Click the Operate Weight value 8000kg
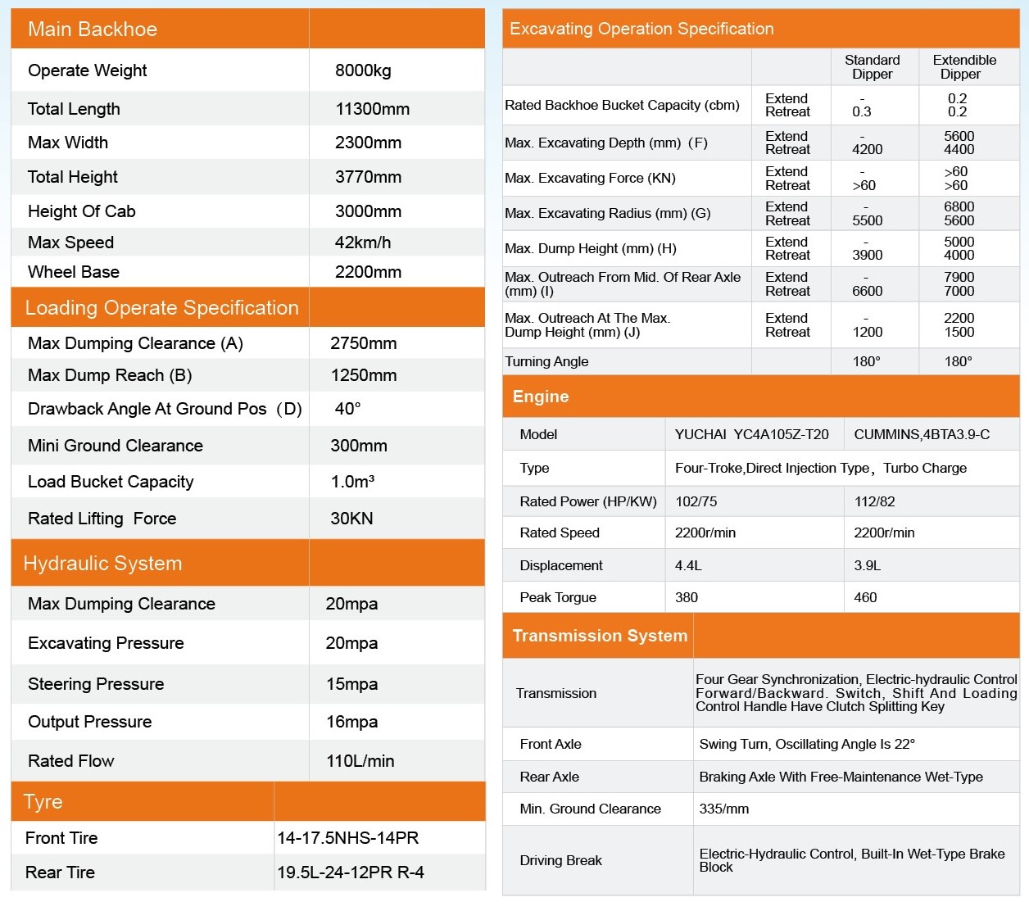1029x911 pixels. pyautogui.click(x=363, y=70)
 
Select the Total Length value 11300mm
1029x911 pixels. pyautogui.click(x=372, y=109)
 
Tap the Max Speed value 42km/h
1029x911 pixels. pyautogui.click(x=363, y=242)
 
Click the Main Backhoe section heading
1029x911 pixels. pyautogui.click(x=93, y=29)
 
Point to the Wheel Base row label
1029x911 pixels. pyautogui.click(x=74, y=272)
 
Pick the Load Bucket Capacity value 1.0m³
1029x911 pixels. pyautogui.click(x=352, y=482)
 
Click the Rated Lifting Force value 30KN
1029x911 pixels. pyautogui.click(x=351, y=519)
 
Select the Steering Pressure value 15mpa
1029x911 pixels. pyautogui.click(x=351, y=684)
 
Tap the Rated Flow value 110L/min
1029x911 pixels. pyautogui.click(x=360, y=761)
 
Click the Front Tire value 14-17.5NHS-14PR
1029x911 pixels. pyautogui.click(x=348, y=838)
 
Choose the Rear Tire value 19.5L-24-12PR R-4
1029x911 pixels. pyautogui.click(x=351, y=872)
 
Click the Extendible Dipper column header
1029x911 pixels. pyautogui.click(x=964, y=67)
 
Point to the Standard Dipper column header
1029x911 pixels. pyautogui.click(x=872, y=67)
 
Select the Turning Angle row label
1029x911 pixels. pyautogui.click(x=546, y=361)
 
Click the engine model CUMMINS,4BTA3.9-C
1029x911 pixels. pyautogui.click(x=922, y=434)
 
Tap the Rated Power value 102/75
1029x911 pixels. pyautogui.click(x=696, y=501)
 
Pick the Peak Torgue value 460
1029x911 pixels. pyautogui.click(x=865, y=597)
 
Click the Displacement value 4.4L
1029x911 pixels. pyautogui.click(x=688, y=565)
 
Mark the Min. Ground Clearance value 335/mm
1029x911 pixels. pyautogui.click(x=723, y=809)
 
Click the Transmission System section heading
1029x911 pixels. pyautogui.click(x=600, y=636)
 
